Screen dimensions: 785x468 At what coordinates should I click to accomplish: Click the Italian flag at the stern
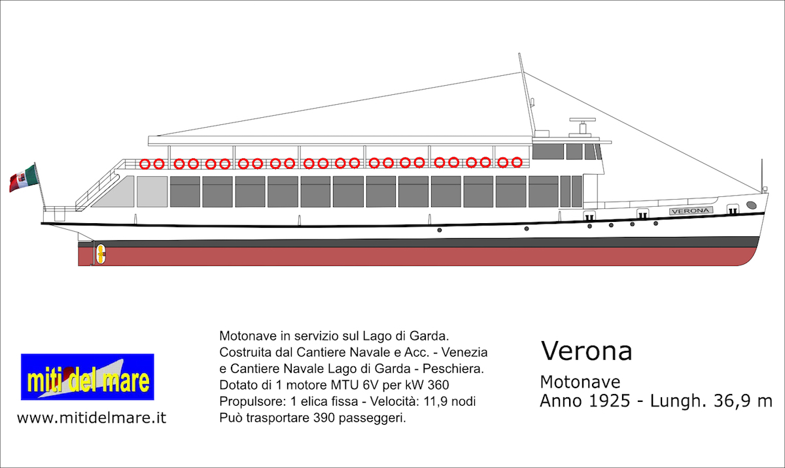(x=24, y=178)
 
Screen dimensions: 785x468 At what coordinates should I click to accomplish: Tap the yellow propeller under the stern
(x=101, y=254)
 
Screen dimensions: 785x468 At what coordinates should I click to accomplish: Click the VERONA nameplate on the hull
(x=691, y=211)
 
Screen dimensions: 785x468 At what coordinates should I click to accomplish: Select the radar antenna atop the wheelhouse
(x=582, y=120)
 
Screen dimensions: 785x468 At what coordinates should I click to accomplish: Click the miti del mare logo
(x=88, y=377)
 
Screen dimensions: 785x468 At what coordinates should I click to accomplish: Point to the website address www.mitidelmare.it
(x=92, y=418)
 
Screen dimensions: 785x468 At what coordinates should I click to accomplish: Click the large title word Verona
(x=586, y=351)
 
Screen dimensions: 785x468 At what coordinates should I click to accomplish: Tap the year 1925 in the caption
(x=610, y=401)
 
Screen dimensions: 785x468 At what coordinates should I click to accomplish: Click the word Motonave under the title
(x=580, y=382)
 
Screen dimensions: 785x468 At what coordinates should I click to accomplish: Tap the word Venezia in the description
(x=464, y=352)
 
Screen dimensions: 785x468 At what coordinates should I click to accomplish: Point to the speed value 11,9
(x=435, y=401)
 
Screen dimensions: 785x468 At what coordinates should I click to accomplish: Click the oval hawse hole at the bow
(x=752, y=205)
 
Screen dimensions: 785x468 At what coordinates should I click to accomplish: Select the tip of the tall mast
(x=519, y=54)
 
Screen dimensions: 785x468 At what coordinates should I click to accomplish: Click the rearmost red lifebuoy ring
(x=145, y=164)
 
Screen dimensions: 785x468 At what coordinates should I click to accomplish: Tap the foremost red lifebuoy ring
(x=517, y=162)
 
